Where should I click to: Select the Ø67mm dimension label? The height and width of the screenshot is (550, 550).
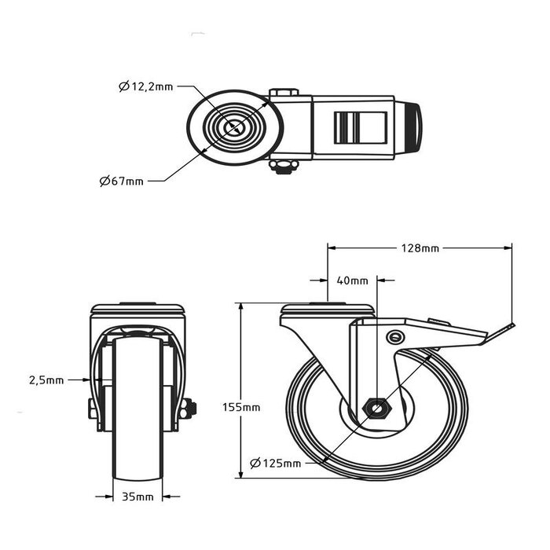coord(122,181)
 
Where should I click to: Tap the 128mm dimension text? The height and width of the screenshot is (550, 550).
coord(419,248)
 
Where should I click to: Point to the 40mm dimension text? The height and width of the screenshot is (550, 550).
coord(352,280)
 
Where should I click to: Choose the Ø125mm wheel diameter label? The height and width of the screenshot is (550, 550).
coord(276,463)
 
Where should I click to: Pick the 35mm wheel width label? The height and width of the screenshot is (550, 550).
coord(137,497)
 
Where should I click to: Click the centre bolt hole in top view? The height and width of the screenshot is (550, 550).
coord(233,126)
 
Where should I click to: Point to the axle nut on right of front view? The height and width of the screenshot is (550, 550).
coord(188,409)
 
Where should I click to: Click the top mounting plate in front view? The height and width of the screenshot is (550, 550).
coord(137,309)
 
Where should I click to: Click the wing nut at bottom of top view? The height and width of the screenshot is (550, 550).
coord(281,165)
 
